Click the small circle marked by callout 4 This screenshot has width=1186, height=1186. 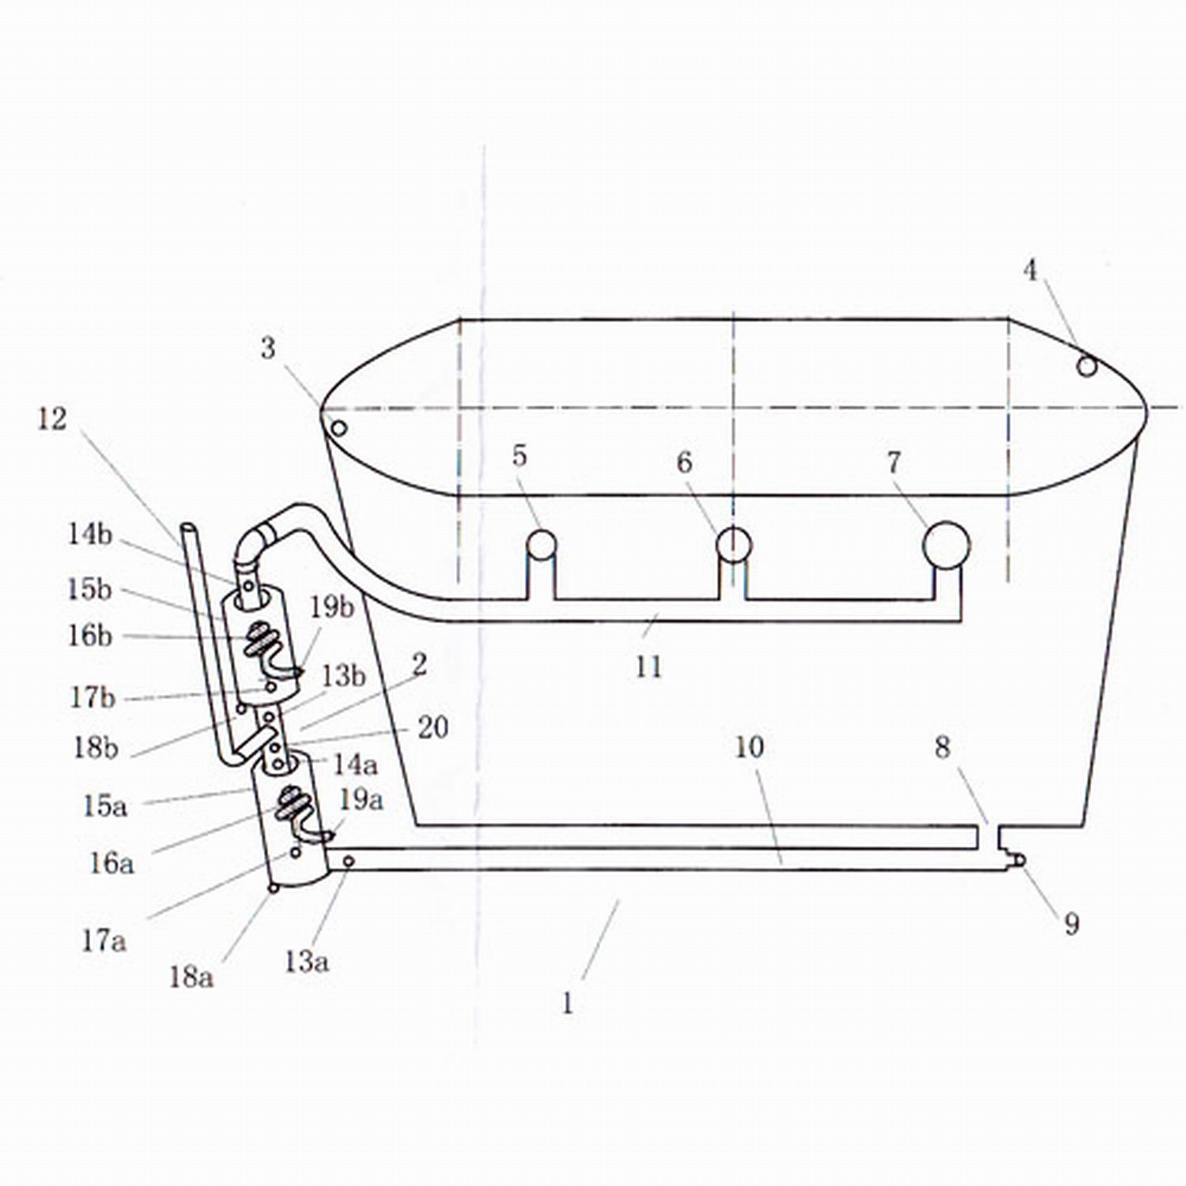coord(1087,366)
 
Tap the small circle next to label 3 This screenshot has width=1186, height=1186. coord(338,429)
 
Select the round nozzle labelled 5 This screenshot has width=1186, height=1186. coord(542,544)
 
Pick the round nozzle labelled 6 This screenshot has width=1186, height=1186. coord(734,544)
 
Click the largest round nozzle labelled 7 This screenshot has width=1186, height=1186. coord(946,545)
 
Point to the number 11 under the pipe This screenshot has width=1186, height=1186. coord(648,667)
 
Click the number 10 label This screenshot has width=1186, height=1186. coord(750,747)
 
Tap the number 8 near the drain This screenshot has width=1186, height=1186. coord(942,747)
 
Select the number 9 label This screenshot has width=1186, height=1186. coord(1071,923)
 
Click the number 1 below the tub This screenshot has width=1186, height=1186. coord(567,1003)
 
